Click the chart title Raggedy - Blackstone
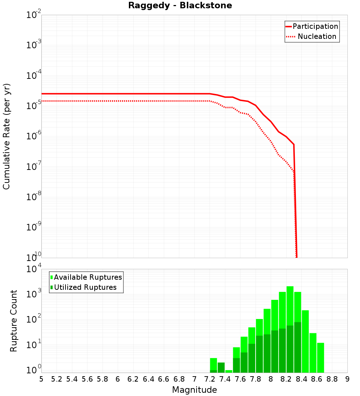[x=180, y=5]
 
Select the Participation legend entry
[x=315, y=26]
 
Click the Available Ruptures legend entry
[x=88, y=277]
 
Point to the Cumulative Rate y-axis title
[x=6, y=136]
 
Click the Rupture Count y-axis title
[x=14, y=320]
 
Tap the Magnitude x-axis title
[x=194, y=390]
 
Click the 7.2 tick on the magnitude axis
[x=210, y=379]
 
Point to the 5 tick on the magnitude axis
[x=41, y=379]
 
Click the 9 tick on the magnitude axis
[x=347, y=379]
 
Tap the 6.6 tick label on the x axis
[x=164, y=379]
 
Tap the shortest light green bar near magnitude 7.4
[x=229, y=371]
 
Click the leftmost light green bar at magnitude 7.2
[x=213, y=364]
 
